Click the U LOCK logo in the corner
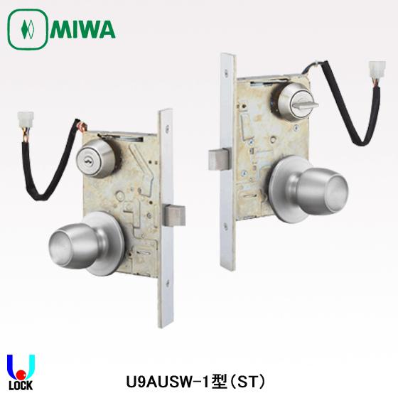click(18, 373)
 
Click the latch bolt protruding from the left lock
click(175, 214)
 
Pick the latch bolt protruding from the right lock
click(218, 158)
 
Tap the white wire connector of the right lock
click(376, 70)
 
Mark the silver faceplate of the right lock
click(228, 213)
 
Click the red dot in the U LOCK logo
click(21, 372)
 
